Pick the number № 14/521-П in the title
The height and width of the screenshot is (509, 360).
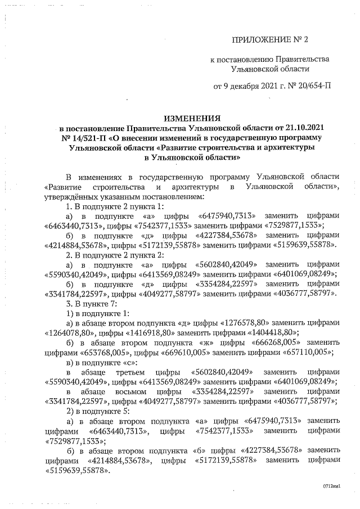pyautogui.click(x=84, y=138)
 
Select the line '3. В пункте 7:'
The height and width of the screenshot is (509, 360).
pyautogui.click(x=93, y=303)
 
